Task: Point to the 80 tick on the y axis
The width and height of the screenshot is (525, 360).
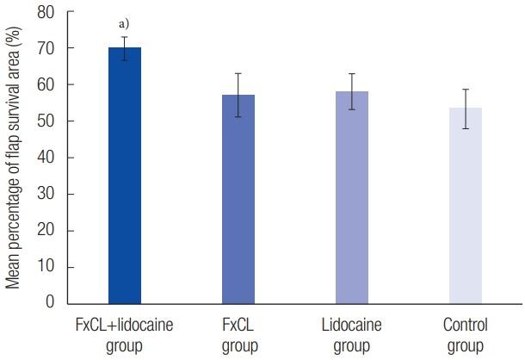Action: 46,13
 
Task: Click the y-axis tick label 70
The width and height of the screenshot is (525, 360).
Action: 46,49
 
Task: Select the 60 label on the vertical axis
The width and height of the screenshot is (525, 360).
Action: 46,85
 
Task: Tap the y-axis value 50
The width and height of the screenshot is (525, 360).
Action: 46,121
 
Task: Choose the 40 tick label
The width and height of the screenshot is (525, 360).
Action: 46,158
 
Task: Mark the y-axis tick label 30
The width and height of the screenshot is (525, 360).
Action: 46,194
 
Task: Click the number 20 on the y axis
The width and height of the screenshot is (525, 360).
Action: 46,230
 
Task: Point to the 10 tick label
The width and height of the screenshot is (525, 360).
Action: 46,266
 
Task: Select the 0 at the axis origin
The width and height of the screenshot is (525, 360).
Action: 50,302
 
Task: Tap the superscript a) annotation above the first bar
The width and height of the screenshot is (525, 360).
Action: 124,24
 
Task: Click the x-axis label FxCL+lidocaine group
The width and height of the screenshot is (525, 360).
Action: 124,336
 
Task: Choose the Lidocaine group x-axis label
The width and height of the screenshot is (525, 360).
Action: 351,336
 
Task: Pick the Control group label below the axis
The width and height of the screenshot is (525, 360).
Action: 465,336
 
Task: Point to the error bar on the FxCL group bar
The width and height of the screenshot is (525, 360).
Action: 238,95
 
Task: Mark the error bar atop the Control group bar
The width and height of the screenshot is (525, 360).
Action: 465,109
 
